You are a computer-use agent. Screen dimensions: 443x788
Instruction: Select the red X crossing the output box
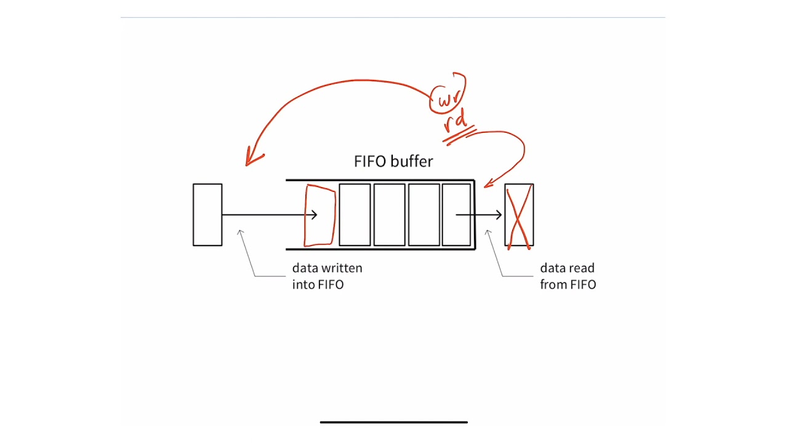pyautogui.click(x=519, y=217)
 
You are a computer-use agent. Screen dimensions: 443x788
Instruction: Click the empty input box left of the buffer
pyautogui.click(x=207, y=215)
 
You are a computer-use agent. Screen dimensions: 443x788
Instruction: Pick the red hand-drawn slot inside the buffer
pyautogui.click(x=320, y=215)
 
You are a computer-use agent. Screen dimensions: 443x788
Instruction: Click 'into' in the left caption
pyautogui.click(x=304, y=284)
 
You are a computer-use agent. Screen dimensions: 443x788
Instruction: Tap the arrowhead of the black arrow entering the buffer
pyautogui.click(x=314, y=215)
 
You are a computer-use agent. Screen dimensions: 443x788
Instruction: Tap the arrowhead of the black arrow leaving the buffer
pyautogui.click(x=499, y=215)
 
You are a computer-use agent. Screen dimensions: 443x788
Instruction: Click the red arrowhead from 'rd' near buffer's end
pyautogui.click(x=488, y=183)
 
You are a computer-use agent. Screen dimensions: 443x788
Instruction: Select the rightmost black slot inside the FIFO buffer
pyautogui.click(x=456, y=215)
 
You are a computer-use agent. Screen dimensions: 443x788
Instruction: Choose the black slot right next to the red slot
pyautogui.click(x=355, y=215)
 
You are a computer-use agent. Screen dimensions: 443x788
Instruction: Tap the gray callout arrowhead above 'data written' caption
pyautogui.click(x=240, y=233)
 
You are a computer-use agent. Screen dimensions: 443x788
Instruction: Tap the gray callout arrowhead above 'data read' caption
pyautogui.click(x=488, y=233)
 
